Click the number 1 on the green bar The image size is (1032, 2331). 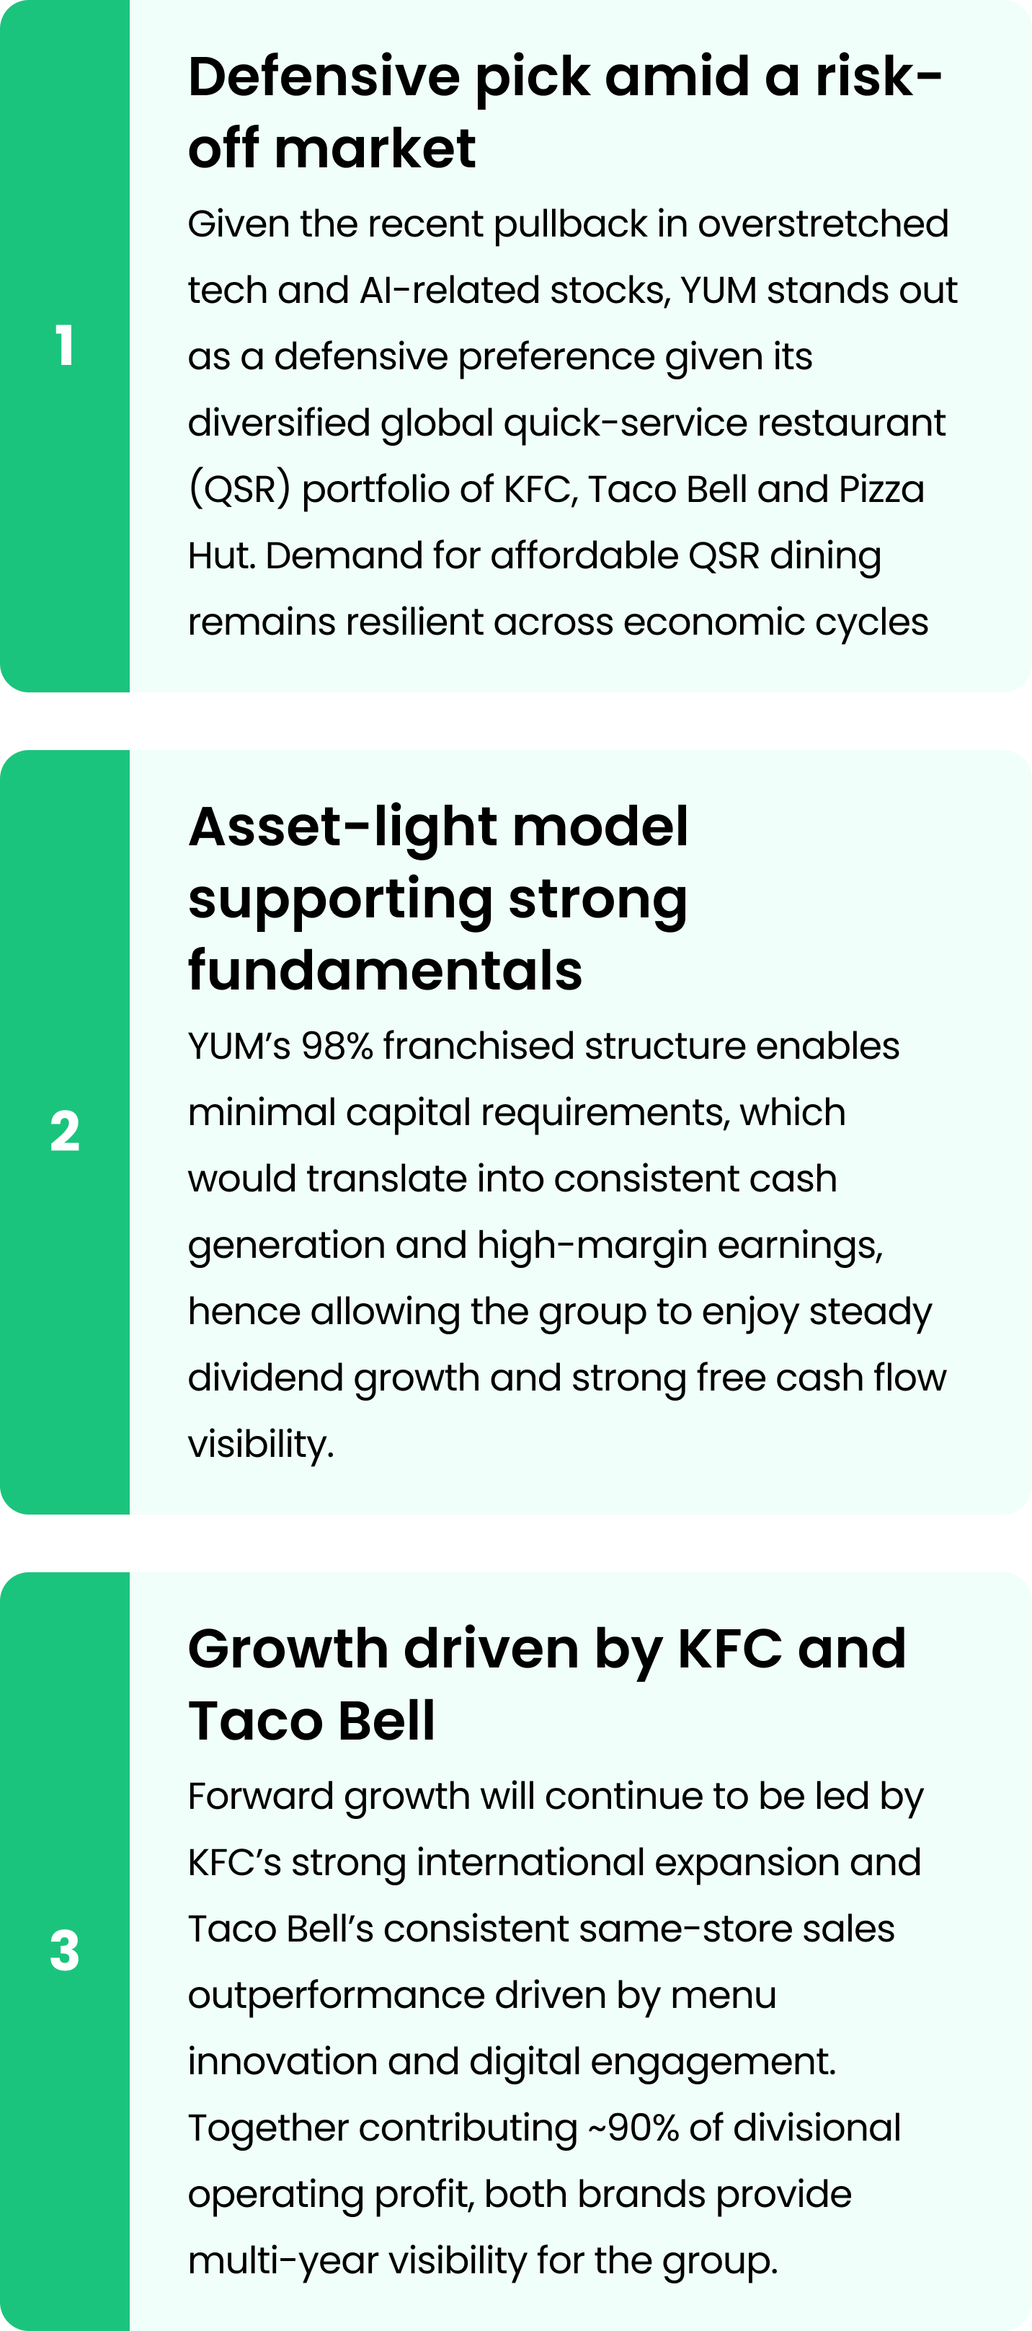pos(64,345)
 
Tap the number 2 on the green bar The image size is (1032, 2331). pos(64,1131)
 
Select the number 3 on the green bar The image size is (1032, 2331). pos(64,1951)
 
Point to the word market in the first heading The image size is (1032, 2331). pos(375,149)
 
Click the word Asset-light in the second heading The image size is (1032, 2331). pos(343,828)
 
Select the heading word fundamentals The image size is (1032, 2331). pos(386,970)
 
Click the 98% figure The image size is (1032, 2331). pos(337,1046)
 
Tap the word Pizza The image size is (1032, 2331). pos(882,490)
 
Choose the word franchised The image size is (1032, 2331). pos(479,1046)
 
